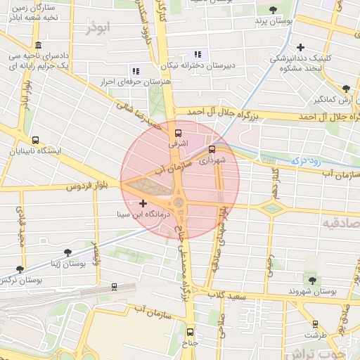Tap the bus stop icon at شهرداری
[212, 149]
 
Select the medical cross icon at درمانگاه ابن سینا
[143, 203]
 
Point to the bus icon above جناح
[189, 332]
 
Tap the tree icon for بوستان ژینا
[67, 252]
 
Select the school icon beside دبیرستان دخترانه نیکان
[198, 54]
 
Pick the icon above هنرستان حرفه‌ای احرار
[136, 70]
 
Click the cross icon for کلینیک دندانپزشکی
[300, 47]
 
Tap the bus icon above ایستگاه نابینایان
[36, 139]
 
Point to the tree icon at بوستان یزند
[272, 10]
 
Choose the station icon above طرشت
[314, 323]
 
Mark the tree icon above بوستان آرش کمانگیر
[345, 89]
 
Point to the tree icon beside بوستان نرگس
[20, 269]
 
